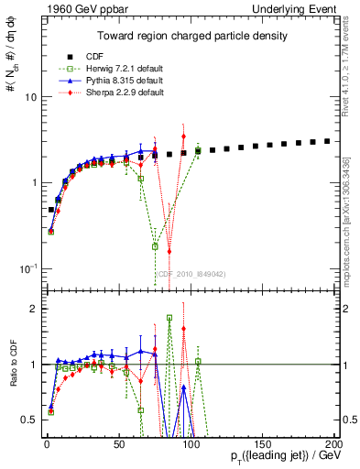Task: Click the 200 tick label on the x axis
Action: (334, 441)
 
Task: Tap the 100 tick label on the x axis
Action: (191, 441)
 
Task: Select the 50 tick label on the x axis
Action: (119, 441)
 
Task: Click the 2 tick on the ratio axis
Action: (29, 309)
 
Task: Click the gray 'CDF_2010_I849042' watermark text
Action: (189, 273)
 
